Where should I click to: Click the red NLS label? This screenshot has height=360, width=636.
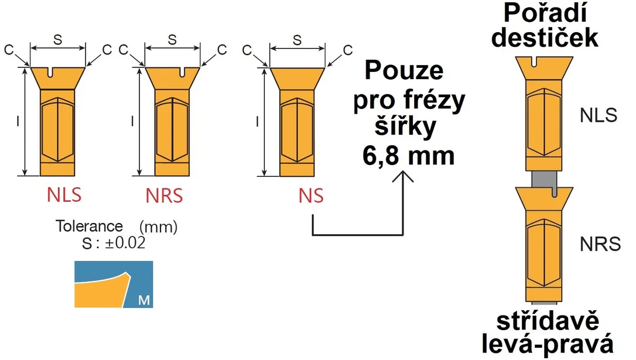pos(64,194)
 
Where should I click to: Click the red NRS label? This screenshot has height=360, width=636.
pos(165,196)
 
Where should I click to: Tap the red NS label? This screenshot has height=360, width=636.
pos(311,196)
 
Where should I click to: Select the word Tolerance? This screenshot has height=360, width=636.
pos(89,226)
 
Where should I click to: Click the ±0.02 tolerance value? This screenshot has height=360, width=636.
pos(125,243)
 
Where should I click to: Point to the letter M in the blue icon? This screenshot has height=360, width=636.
pos(144,300)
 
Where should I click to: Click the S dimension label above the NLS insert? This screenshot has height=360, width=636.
pos(57,39)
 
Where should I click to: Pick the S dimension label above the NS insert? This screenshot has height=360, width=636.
pos(298,40)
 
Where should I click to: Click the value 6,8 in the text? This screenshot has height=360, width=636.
pos(381,156)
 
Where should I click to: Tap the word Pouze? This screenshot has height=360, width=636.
pos(404,70)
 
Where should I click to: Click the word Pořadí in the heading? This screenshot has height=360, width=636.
pos(545,13)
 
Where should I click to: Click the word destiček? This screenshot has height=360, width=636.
pos(544,37)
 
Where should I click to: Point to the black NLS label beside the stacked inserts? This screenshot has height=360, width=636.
pos(599,115)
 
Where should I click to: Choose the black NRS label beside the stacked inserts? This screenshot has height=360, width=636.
pos(600,244)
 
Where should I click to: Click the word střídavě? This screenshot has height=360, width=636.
pos(548,321)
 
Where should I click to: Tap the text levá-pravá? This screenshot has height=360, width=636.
pos(548,345)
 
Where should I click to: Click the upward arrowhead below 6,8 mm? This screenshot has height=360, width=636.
pos(403,176)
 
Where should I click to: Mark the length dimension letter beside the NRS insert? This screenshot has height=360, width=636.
pos(132,121)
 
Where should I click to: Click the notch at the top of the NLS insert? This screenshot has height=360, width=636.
pos(51,72)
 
